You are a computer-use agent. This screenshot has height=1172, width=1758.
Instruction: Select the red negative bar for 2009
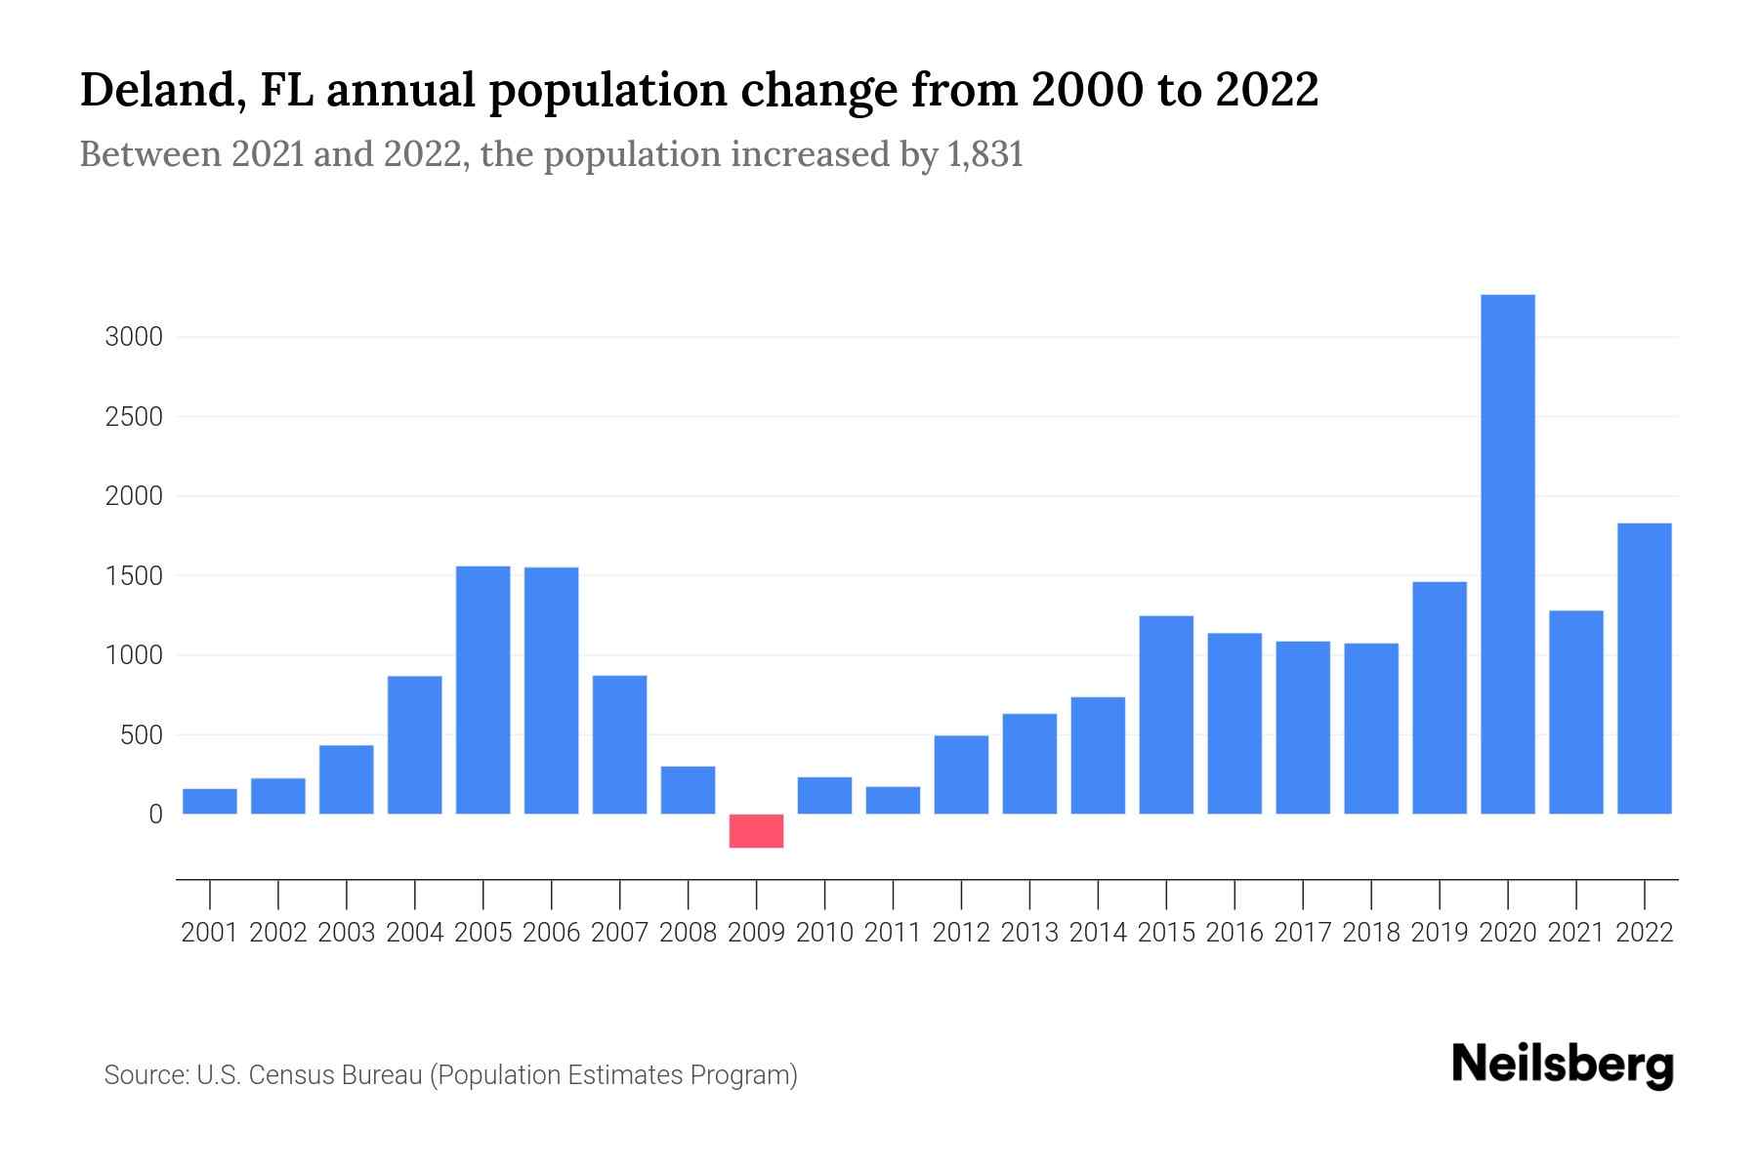[756, 830]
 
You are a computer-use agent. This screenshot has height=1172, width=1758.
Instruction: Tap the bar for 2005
[482, 690]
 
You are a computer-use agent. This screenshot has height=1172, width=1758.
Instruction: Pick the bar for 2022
[1644, 668]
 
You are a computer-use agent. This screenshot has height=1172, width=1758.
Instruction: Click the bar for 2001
[210, 801]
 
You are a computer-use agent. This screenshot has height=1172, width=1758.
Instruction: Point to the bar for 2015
[1166, 714]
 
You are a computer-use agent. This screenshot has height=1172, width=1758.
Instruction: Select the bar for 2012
[961, 774]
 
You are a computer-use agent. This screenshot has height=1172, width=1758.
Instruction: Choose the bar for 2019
[1439, 697]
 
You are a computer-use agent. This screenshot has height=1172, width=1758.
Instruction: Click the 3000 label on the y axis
[134, 338]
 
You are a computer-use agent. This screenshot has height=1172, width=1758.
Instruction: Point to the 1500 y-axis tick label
[134, 576]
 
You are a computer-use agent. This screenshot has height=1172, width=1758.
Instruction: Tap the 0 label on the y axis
[155, 815]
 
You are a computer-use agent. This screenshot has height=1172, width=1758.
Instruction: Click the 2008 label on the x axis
[688, 933]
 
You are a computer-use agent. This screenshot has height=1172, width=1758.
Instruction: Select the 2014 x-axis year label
[1098, 933]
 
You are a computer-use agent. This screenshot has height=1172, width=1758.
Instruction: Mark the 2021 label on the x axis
[1575, 933]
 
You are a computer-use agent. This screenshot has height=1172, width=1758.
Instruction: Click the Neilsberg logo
[1563, 1065]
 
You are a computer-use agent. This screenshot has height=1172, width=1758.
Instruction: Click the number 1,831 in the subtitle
[984, 154]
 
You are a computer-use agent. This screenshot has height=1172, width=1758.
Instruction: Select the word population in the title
[607, 90]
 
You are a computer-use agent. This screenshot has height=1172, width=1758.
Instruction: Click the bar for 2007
[619, 744]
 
